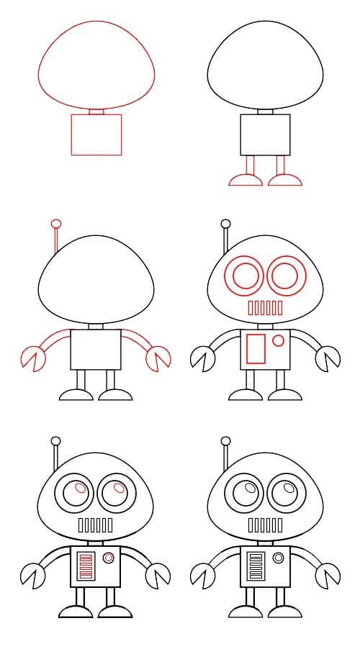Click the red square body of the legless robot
96,134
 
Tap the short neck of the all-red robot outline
96,111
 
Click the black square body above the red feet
265,134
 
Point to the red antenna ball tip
55,223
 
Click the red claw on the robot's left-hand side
32,358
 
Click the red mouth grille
265,307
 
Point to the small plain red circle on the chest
278,338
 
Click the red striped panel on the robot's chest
86,566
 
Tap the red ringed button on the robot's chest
109,558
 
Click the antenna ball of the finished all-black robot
225,440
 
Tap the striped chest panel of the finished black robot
256,566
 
